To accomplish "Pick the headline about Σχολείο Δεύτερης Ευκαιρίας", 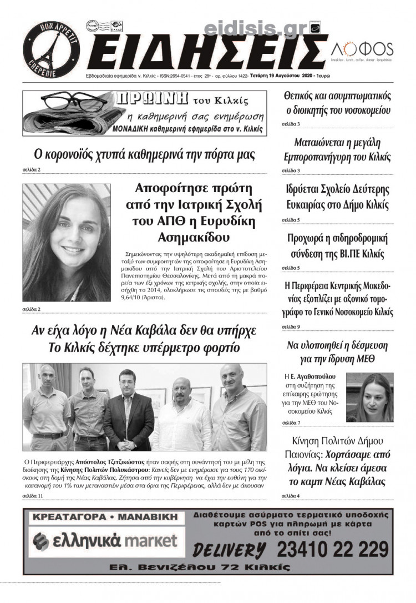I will click(x=337, y=197).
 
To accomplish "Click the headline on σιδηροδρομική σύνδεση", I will click(x=337, y=247).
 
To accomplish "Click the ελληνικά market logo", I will click(x=105, y=540).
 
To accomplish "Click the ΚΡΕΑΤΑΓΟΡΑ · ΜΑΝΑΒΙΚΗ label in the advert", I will click(x=105, y=517).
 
